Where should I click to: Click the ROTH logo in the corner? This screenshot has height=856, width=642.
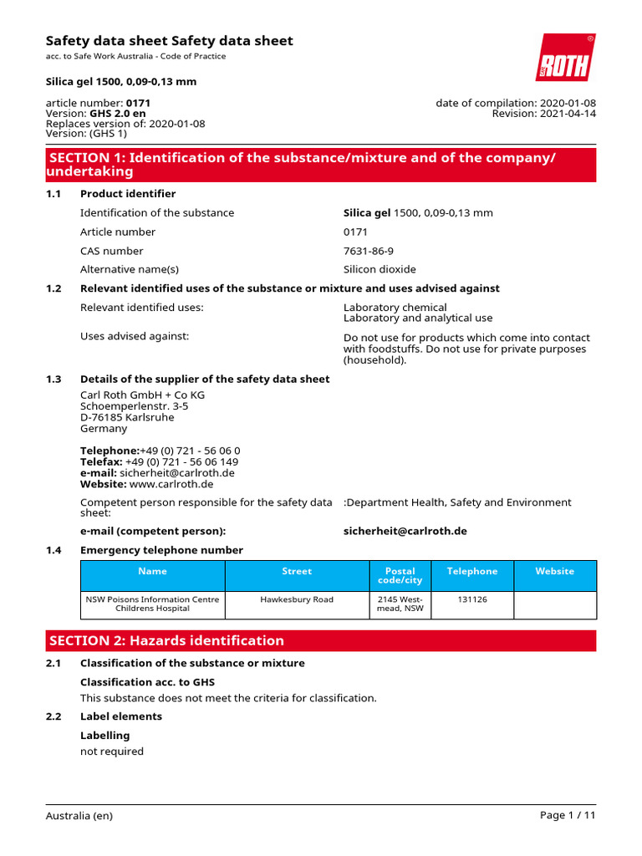pyautogui.click(x=566, y=59)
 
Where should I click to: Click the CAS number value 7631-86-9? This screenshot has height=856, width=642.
pyautogui.click(x=368, y=251)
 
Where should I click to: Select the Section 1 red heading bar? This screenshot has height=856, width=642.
pyautogui.click(x=321, y=165)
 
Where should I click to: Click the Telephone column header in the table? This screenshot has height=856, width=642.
pyautogui.click(x=471, y=571)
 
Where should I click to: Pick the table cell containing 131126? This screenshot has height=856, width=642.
pyautogui.click(x=471, y=599)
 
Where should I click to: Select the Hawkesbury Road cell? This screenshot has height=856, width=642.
pyautogui.click(x=297, y=599)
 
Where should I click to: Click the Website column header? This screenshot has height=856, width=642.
pyautogui.click(x=554, y=571)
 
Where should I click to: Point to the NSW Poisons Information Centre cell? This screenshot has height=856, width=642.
pyautogui.click(x=153, y=604)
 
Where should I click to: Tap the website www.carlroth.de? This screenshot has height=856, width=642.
pyautogui.click(x=171, y=484)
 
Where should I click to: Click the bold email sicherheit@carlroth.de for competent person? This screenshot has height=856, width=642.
pyautogui.click(x=405, y=531)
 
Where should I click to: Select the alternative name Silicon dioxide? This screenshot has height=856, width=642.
pyautogui.click(x=380, y=269)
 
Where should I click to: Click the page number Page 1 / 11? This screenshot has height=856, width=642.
pyautogui.click(x=568, y=816)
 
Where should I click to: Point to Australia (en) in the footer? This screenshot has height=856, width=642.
pyautogui.click(x=79, y=816)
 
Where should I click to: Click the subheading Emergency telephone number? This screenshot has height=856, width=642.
pyautogui.click(x=161, y=550)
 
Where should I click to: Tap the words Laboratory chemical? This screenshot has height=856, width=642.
pyautogui.click(x=395, y=307)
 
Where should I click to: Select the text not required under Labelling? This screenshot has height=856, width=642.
pyautogui.click(x=111, y=752)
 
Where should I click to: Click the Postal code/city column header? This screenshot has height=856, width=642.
pyautogui.click(x=400, y=575)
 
